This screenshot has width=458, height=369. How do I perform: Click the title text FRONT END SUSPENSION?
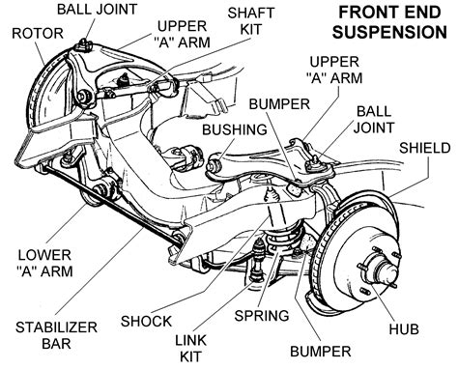click(389, 22)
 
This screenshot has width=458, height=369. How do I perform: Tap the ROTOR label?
click(38, 34)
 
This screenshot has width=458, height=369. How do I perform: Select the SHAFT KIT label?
click(251, 21)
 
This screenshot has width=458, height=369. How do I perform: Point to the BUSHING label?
click(235, 129)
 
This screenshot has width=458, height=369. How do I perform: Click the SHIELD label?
click(425, 148)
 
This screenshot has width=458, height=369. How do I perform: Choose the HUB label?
click(404, 328)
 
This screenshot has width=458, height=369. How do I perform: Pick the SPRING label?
click(262, 315)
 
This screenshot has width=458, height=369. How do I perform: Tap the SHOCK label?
click(146, 321)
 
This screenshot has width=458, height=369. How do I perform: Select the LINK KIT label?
click(190, 348)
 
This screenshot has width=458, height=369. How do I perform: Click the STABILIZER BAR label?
click(56, 335)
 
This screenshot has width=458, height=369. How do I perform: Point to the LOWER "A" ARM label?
click(44, 263)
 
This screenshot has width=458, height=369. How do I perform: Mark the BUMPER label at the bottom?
click(321, 352)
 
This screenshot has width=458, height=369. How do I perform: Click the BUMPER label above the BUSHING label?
click(279, 104)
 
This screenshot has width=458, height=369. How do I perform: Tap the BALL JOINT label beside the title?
click(98, 10)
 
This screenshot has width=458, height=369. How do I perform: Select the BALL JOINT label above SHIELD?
click(374, 120)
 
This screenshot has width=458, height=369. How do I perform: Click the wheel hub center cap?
click(386, 272)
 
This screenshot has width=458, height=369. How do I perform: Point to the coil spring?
click(285, 239)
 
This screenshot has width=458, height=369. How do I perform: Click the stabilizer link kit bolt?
click(259, 261)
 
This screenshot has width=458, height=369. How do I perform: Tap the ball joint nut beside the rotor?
click(83, 45)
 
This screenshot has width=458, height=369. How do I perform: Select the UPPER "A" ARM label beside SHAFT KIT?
click(183, 34)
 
